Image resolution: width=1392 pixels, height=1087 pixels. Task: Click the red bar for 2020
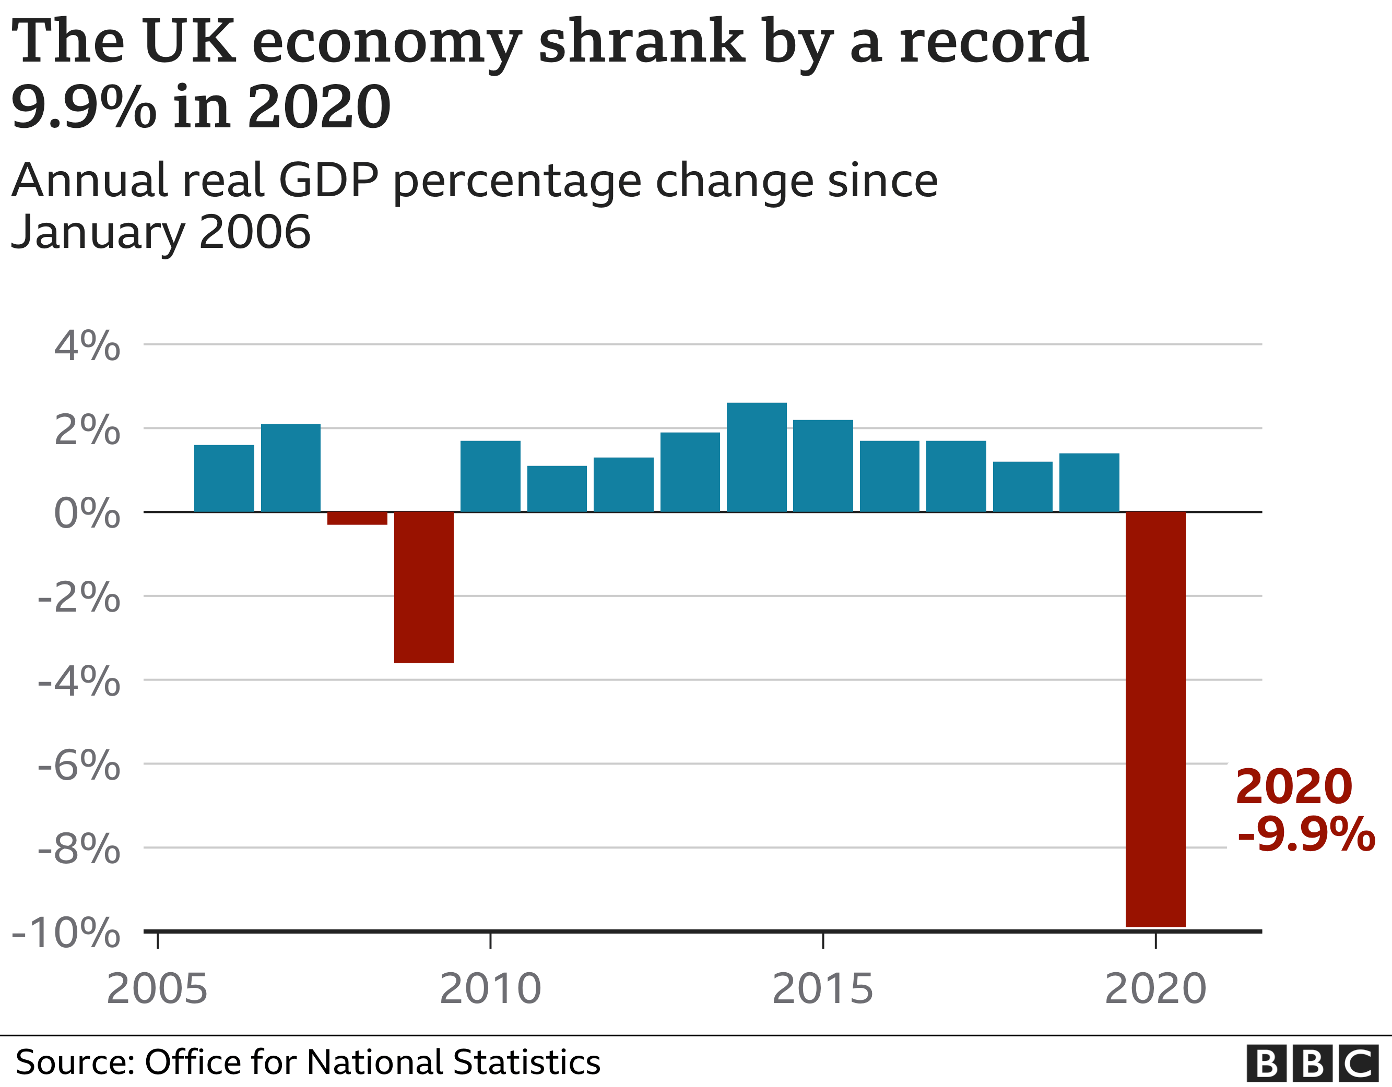(1155, 719)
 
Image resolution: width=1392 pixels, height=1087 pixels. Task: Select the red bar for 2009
(424, 587)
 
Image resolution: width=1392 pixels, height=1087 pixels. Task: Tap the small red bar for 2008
(358, 518)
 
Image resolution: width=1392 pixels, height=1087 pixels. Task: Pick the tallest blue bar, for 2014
(757, 457)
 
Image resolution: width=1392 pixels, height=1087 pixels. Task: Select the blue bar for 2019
(1089, 482)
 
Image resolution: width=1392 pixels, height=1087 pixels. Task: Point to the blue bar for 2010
(490, 476)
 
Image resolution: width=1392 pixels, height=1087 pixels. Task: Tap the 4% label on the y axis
(87, 347)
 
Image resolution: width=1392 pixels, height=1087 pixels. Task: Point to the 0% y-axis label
(87, 513)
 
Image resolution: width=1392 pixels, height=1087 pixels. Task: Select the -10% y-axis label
(66, 934)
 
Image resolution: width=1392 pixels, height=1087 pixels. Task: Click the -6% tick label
(79, 765)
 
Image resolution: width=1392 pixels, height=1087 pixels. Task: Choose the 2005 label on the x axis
(157, 989)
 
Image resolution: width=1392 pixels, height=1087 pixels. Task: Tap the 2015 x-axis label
(822, 989)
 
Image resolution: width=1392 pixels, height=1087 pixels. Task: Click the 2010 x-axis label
(490, 989)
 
